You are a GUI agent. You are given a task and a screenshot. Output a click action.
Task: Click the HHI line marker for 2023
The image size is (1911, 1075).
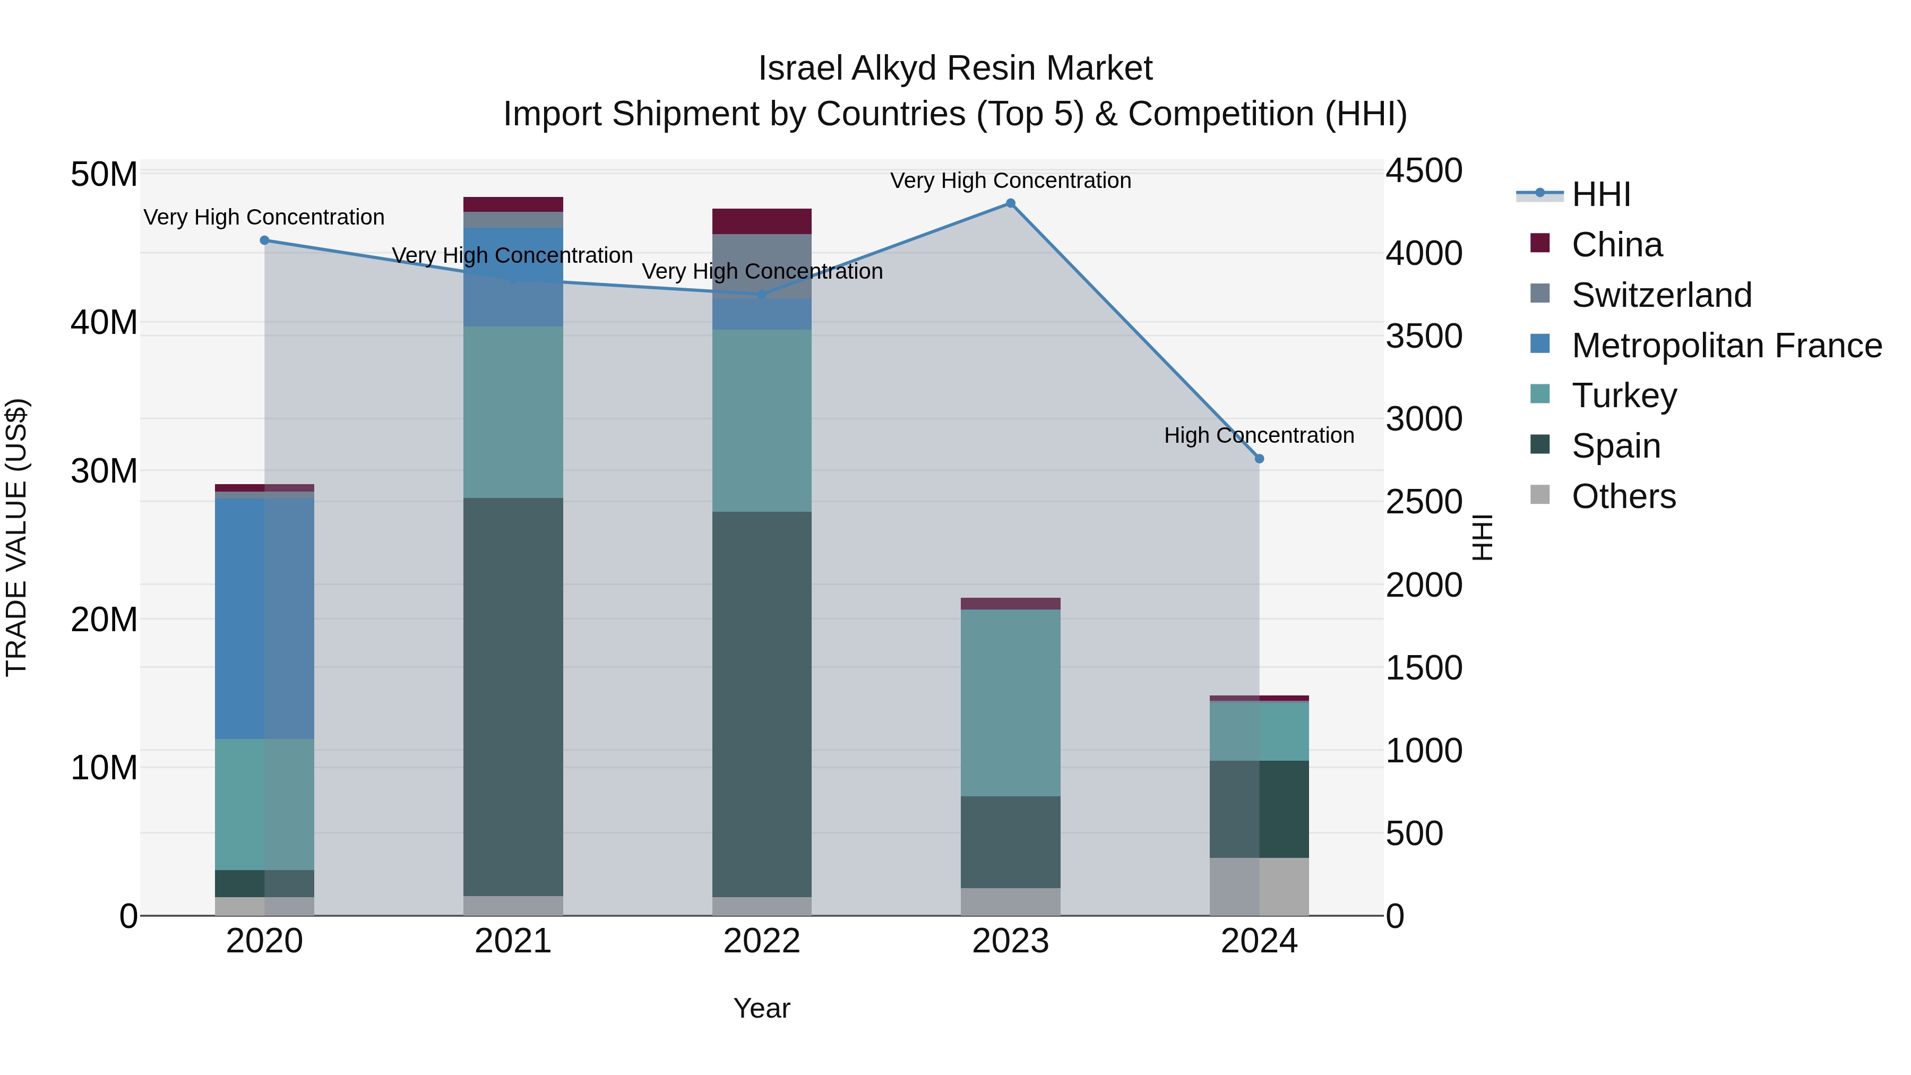pos(1010,203)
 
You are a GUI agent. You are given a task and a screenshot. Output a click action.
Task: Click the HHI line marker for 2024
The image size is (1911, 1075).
pos(1259,459)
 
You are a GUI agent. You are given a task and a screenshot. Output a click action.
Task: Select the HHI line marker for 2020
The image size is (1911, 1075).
pos(264,240)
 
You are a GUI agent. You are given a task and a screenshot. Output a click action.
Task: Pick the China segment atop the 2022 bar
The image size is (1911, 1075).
pos(762,221)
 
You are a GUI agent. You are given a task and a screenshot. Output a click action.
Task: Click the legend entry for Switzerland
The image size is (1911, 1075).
pos(1662,295)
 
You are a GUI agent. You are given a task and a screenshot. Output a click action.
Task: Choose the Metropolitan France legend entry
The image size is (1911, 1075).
pos(1726,346)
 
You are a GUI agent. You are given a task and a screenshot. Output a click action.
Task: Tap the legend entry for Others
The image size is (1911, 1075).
pos(1623,496)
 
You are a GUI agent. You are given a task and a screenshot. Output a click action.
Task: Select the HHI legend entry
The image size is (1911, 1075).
pos(1601,194)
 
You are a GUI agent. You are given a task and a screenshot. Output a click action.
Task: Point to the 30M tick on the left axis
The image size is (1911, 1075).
pos(104,471)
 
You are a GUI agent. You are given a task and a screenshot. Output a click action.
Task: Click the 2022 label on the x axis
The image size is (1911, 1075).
pos(762,941)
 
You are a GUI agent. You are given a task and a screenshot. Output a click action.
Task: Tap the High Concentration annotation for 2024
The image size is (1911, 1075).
pos(1259,435)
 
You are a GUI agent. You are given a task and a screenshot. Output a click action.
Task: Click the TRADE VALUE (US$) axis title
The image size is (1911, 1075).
pos(17,537)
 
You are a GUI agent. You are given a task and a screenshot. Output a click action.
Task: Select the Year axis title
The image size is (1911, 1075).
pos(762,1008)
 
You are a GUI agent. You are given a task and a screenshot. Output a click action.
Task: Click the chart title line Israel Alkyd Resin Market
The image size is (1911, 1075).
pos(955,68)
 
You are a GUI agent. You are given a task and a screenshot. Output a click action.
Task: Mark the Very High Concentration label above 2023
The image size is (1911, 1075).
pos(1010,180)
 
